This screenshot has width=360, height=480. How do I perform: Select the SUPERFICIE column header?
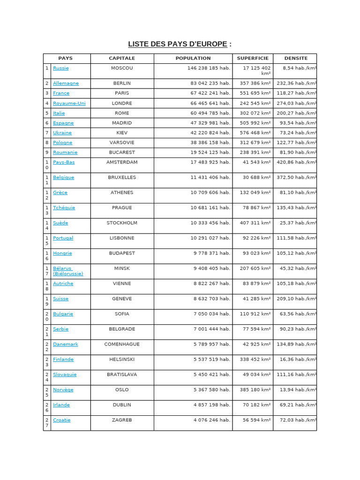pyautogui.click(x=253, y=59)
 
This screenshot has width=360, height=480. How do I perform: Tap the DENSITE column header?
pyautogui.click(x=296, y=59)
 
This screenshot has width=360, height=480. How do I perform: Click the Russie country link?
pyautogui.click(x=60, y=68)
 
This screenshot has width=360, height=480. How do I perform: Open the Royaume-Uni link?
pyautogui.click(x=69, y=103)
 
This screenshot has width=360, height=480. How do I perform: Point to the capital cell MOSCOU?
pyautogui.click(x=122, y=68)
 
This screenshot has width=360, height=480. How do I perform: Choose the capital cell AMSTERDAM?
pyautogui.click(x=122, y=162)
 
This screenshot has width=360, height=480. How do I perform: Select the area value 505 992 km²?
pyautogui.click(x=255, y=123)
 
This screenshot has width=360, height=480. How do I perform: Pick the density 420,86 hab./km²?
pyautogui.click(x=297, y=162)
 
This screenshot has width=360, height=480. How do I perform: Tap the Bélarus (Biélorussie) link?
pyautogui.click(x=68, y=271)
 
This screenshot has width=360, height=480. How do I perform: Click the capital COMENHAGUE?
pyautogui.click(x=122, y=344)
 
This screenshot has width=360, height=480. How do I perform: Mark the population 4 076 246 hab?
pyautogui.click(x=212, y=420)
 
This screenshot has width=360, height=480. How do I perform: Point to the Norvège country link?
pyautogui.click(x=63, y=390)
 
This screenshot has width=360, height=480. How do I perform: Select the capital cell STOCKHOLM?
pyautogui.click(x=122, y=223)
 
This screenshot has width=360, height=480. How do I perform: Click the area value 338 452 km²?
pyautogui.click(x=255, y=360)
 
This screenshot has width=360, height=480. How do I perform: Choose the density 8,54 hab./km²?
pyautogui.click(x=300, y=68)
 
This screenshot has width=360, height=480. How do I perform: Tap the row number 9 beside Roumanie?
pyautogui.click(x=47, y=152)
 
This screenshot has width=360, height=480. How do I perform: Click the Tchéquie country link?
pyautogui.click(x=64, y=208)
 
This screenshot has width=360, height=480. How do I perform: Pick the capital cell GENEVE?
pyautogui.click(x=122, y=299)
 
